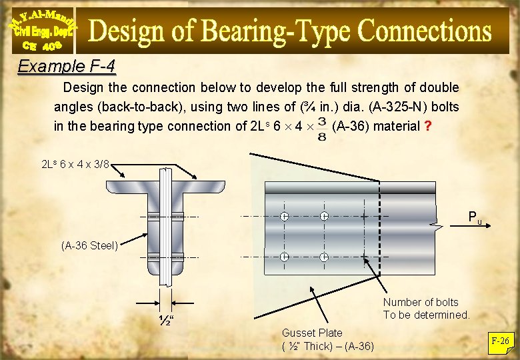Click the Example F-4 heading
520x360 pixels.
pos(66,67)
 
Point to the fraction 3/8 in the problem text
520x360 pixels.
pos(322,129)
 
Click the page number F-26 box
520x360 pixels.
pos(500,341)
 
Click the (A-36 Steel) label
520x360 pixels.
pos(89,245)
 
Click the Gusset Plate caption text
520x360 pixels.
pos(312,333)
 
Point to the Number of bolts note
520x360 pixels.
pos(427,309)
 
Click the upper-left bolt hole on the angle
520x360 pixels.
pos(284,217)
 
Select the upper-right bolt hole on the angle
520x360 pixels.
pos(324,217)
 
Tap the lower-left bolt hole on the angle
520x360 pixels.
pos(284,257)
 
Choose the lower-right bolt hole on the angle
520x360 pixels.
pos(324,257)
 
